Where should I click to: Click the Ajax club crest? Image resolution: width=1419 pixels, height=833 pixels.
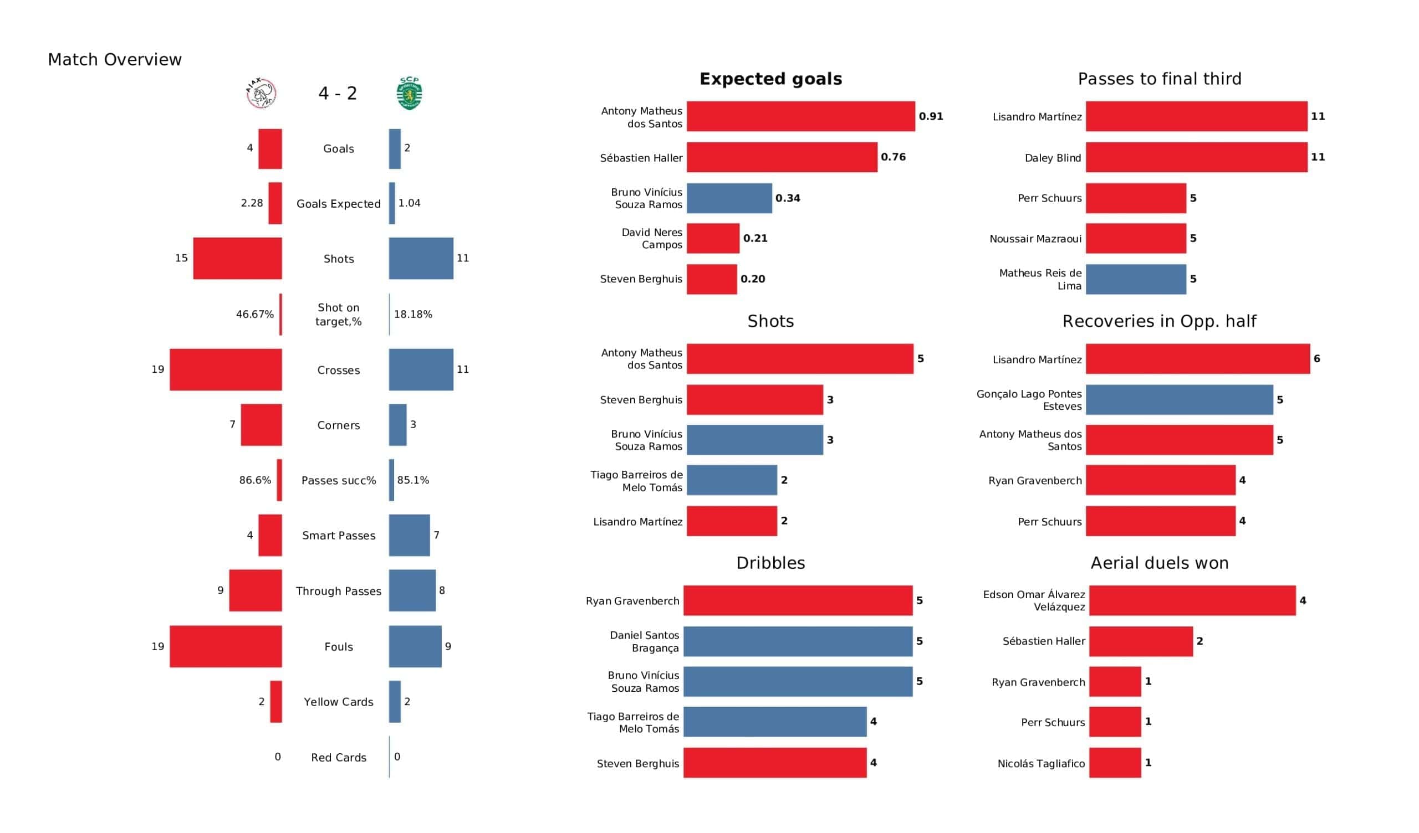pyautogui.click(x=261, y=93)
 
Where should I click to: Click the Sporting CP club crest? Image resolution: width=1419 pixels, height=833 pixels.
pyautogui.click(x=410, y=93)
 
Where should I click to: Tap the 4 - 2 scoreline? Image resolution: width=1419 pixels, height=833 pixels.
pyautogui.click(x=338, y=93)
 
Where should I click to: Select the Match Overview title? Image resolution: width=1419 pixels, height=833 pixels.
pyautogui.click(x=115, y=60)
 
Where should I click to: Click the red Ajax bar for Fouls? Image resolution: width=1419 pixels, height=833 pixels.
pyautogui.click(x=226, y=646)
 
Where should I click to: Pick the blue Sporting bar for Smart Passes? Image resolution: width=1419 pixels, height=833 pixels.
pyautogui.click(x=410, y=534)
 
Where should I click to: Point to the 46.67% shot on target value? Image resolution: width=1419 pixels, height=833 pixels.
pyautogui.click(x=254, y=314)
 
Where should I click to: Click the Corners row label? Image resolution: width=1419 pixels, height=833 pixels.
pyautogui.click(x=339, y=425)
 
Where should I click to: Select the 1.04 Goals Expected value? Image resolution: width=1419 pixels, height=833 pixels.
pyautogui.click(x=410, y=203)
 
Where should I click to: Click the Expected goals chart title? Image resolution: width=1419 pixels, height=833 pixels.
pyautogui.click(x=770, y=79)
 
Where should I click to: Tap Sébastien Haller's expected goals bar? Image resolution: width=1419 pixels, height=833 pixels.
pyautogui.click(x=782, y=157)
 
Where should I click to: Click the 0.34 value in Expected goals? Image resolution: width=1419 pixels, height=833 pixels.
pyautogui.click(x=787, y=198)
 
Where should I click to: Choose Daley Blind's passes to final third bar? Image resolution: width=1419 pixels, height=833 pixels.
pyautogui.click(x=1196, y=157)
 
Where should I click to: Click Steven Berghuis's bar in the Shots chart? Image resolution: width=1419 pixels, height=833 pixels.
pyautogui.click(x=754, y=400)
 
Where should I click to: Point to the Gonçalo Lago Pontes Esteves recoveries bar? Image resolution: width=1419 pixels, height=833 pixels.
pyautogui.click(x=1179, y=400)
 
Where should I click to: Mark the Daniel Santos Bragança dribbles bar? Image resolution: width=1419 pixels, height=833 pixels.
pyautogui.click(x=797, y=641)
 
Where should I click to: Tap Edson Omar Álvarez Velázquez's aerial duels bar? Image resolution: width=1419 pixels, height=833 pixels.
pyautogui.click(x=1192, y=600)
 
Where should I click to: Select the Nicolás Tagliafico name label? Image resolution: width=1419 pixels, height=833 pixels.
pyautogui.click(x=1040, y=763)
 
